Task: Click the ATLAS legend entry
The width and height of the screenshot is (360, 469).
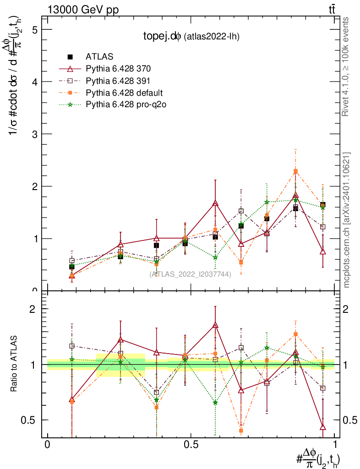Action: pyautogui.click(x=99, y=57)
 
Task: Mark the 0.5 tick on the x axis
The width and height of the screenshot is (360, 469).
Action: pyautogui.click(x=191, y=445)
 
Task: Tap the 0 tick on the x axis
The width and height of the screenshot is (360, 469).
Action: pyautogui.click(x=48, y=445)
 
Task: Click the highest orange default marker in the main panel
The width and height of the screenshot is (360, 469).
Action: pyautogui.click(x=295, y=171)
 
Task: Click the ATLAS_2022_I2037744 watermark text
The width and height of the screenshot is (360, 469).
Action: pyautogui.click(x=190, y=274)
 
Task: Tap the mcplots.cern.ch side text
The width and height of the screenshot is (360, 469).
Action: pyautogui.click(x=347, y=220)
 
